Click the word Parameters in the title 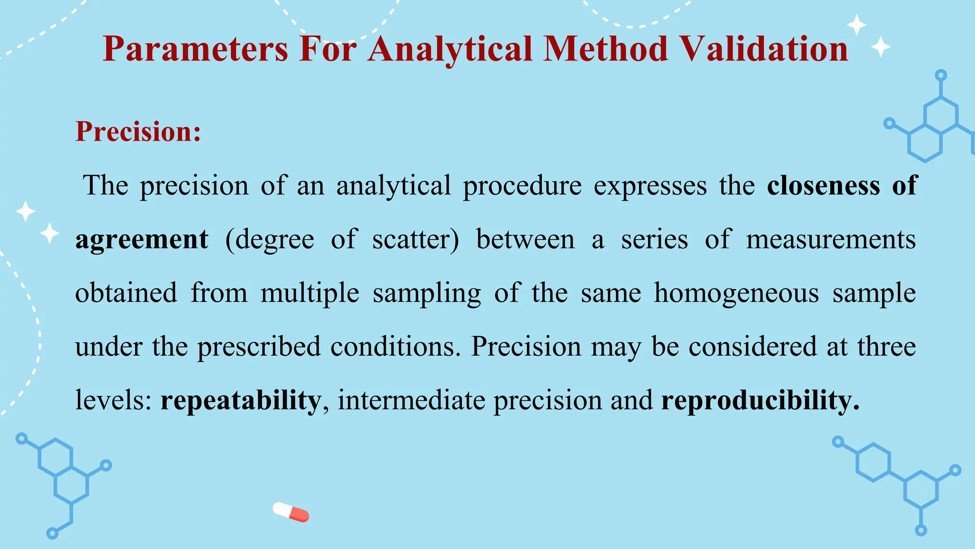(195, 50)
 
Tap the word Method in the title (606, 50)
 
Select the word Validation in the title (764, 50)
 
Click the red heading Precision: (138, 132)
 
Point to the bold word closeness (823, 186)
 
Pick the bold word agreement (142, 240)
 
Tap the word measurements (831, 240)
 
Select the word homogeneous (736, 293)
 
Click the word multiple (309, 293)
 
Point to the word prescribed (259, 347)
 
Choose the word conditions (396, 347)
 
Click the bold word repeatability (240, 400)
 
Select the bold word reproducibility (760, 400)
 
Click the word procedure (522, 186)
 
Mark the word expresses (650, 186)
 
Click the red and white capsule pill (291, 512)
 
